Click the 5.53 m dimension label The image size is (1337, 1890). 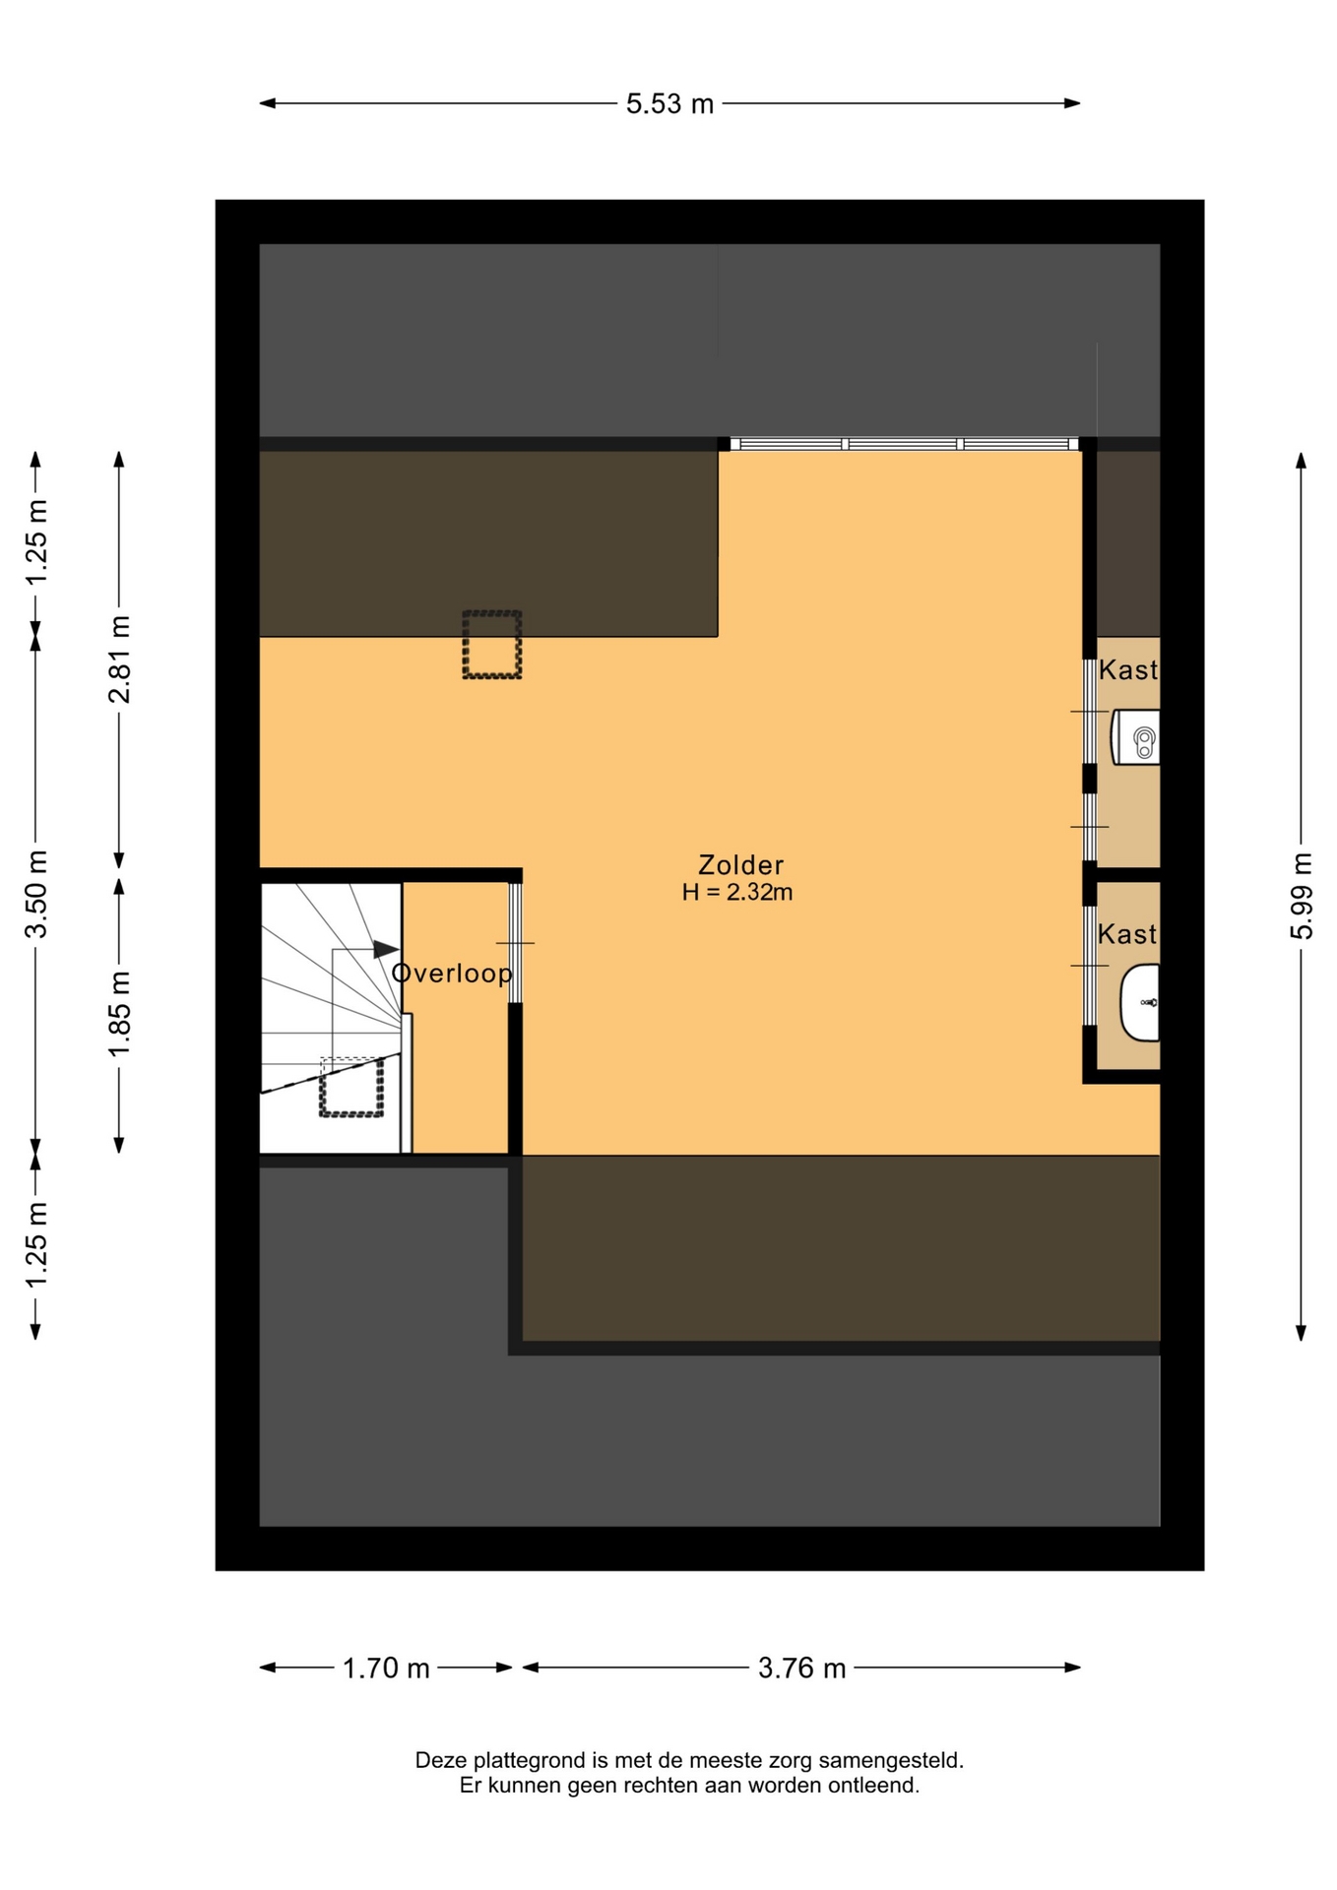click(669, 103)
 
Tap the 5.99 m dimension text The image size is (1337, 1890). click(1302, 896)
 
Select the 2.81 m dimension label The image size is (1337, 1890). click(119, 660)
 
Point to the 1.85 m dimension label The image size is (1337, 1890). click(119, 1014)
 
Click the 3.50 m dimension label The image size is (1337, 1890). click(36, 894)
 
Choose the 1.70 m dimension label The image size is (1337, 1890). click(386, 1669)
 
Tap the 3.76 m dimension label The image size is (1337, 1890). click(802, 1669)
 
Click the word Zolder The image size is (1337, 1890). click(740, 864)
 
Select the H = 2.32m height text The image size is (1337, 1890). click(737, 892)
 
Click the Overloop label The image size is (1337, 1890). click(452, 974)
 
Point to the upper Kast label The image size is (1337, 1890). click(1128, 670)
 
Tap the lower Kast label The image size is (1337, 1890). click(1127, 934)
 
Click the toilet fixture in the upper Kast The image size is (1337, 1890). click(1136, 737)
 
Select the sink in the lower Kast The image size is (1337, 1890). click(1140, 1002)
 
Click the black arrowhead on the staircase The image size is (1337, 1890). click(386, 949)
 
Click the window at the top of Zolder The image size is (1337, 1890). click(906, 444)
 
